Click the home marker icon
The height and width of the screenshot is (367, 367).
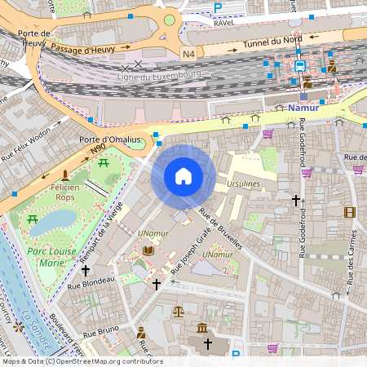(x=183, y=175)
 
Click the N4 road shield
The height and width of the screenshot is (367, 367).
(x=188, y=54)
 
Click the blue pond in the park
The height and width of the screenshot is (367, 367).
(x=53, y=220)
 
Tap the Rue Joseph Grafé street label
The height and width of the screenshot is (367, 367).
(x=190, y=267)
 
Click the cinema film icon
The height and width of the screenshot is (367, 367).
(x=350, y=213)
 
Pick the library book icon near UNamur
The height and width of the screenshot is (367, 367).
(x=148, y=251)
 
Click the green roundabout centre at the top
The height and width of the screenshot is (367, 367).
(x=169, y=20)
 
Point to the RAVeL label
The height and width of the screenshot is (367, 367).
(x=223, y=24)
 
